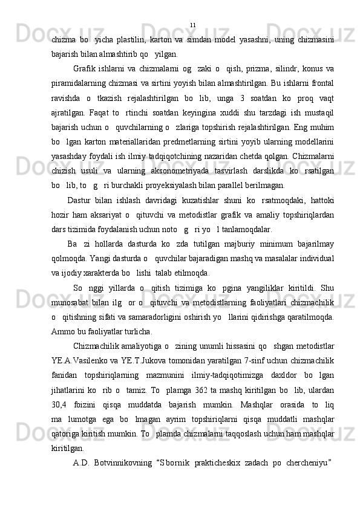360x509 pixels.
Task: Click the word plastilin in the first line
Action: (131, 40)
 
